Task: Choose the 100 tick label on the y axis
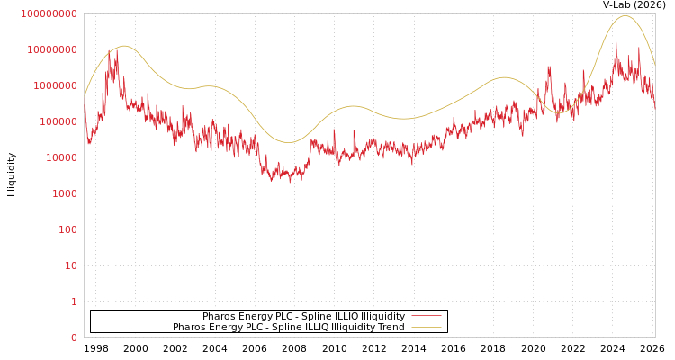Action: pos(67,229)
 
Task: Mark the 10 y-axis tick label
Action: pos(69,265)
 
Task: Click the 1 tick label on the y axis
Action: pos(74,301)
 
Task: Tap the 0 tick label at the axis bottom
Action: pos(74,337)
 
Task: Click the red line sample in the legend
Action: pos(426,316)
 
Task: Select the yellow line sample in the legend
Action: pos(426,328)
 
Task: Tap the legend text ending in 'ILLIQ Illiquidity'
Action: pos(303,316)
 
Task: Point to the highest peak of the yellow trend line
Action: pos(625,16)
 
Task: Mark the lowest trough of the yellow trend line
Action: pos(289,142)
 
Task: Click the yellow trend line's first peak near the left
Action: pos(122,46)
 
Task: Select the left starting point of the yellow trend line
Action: pos(85,95)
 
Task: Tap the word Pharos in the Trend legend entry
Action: pos(189,328)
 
